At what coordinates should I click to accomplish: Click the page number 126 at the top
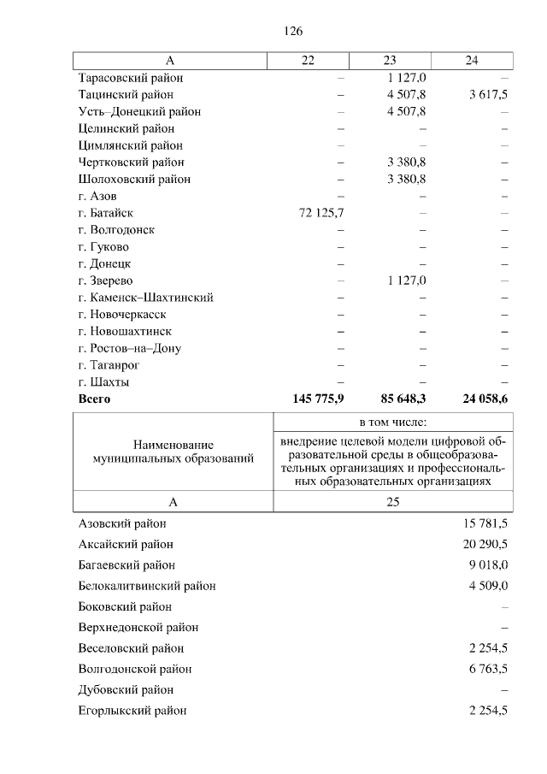pos(293,31)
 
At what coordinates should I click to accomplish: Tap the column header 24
pos(472,60)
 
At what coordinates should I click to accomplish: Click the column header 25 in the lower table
pos(392,502)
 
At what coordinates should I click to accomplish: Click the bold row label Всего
pos(94,399)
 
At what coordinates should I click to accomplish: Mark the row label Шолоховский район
pos(134,180)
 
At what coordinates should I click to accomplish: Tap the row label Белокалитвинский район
pos(146,586)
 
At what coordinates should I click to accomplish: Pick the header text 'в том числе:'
pos(392,422)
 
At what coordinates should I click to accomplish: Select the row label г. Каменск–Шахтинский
pos(145,298)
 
